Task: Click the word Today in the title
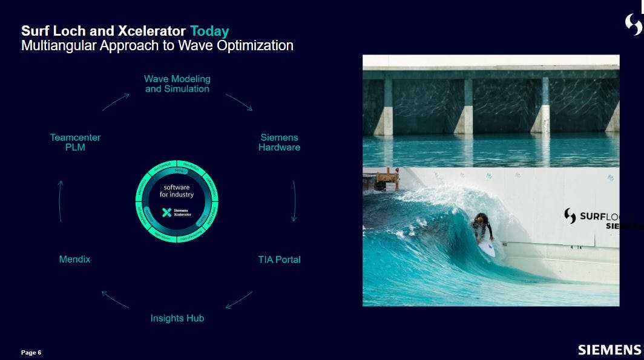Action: click(x=209, y=31)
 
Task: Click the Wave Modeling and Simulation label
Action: click(x=177, y=83)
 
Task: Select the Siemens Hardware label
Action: click(x=279, y=142)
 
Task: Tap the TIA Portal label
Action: click(x=279, y=260)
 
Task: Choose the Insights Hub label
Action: click(x=177, y=318)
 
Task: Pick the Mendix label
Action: click(x=74, y=260)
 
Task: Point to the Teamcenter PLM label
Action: click(x=75, y=142)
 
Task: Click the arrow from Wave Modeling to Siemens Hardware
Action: click(x=238, y=102)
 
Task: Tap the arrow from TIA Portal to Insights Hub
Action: click(x=238, y=299)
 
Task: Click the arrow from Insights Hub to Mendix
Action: click(x=115, y=299)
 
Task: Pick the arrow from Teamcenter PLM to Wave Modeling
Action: click(x=115, y=102)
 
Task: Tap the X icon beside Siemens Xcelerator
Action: click(x=166, y=212)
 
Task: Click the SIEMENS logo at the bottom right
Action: click(x=609, y=350)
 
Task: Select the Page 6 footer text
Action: click(x=31, y=352)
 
